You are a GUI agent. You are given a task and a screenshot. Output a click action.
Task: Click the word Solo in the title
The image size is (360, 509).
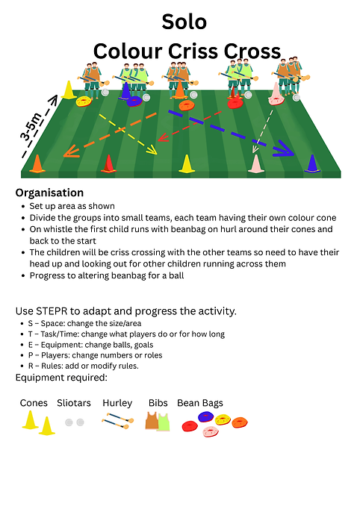184,22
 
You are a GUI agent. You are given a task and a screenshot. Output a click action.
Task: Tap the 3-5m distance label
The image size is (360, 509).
31,126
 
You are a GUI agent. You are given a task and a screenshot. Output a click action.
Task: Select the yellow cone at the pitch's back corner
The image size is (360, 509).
68,90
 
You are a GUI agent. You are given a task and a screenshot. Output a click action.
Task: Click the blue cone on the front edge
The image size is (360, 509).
312,163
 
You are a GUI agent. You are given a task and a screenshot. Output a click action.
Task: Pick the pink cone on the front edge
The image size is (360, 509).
256,163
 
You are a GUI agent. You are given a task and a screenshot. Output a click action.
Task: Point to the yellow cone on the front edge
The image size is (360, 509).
187,163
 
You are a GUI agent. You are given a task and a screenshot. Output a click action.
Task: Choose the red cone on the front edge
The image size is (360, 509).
108,163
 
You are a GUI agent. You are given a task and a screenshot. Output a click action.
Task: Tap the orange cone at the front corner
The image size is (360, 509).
37,163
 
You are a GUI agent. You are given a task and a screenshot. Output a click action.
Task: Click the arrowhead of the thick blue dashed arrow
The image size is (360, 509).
285,151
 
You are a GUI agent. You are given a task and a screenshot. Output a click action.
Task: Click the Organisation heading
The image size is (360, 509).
49,193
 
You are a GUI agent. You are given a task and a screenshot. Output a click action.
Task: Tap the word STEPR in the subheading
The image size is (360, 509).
52,311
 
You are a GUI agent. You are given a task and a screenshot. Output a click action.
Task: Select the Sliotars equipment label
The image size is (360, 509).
74,403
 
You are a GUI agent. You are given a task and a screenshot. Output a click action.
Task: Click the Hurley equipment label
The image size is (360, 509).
117,403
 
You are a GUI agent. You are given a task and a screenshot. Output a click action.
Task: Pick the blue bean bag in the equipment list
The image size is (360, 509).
205,416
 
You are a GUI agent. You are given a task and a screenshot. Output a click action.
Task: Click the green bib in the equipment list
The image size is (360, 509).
164,422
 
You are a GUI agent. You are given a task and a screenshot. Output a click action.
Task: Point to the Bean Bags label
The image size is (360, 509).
200,403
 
